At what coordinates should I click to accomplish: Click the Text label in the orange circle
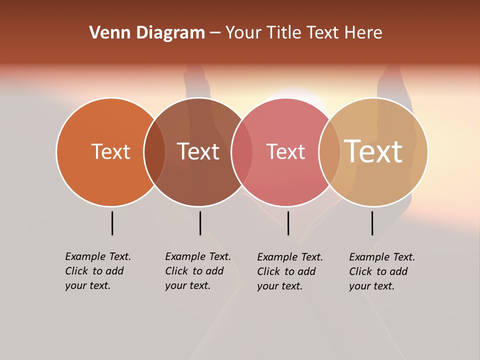pyautogui.click(x=110, y=151)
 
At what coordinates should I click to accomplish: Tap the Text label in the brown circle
pyautogui.click(x=198, y=151)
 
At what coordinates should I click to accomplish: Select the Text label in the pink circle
pyautogui.click(x=285, y=151)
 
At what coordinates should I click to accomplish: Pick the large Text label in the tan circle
pyautogui.click(x=373, y=151)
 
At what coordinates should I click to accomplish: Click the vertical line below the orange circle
pyautogui.click(x=112, y=223)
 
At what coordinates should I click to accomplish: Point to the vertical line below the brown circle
pyautogui.click(x=200, y=223)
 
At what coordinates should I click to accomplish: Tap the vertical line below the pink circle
pyautogui.click(x=288, y=223)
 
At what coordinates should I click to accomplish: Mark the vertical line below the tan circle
pyautogui.click(x=372, y=223)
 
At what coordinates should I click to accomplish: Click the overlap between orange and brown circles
pyautogui.click(x=154, y=152)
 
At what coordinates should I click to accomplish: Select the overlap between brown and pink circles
pyautogui.click(x=242, y=152)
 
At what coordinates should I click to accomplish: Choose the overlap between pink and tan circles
pyautogui.click(x=329, y=152)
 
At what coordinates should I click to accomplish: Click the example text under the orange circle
pyautogui.click(x=98, y=271)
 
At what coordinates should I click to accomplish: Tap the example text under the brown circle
pyautogui.click(x=198, y=271)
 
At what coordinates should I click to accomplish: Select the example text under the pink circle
pyautogui.click(x=290, y=271)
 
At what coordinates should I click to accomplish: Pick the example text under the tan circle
pyautogui.click(x=382, y=271)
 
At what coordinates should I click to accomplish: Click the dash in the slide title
pyautogui.click(x=215, y=33)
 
